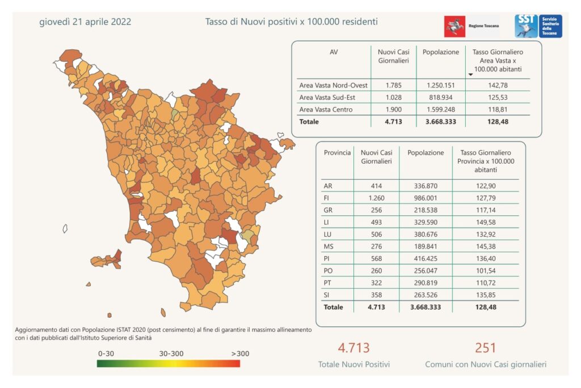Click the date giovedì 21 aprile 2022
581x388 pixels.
coord(85,22)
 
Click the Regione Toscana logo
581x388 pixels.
coord(471,27)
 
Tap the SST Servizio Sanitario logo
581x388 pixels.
coord(538,26)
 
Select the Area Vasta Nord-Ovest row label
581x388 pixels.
coord(333,85)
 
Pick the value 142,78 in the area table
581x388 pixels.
coord(497,85)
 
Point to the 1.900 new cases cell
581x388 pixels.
coord(393,109)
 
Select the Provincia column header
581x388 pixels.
coord(337,153)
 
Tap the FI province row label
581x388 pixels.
coord(327,198)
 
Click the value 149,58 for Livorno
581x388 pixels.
coord(485,223)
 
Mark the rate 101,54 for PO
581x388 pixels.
coord(485,271)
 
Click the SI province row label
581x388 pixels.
coord(327,295)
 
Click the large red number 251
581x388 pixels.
coord(486,348)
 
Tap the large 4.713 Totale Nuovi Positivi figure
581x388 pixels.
coord(353,348)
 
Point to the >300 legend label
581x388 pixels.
coord(240,353)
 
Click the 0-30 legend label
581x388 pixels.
coord(106,353)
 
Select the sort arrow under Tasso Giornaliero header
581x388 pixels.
coord(470,74)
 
